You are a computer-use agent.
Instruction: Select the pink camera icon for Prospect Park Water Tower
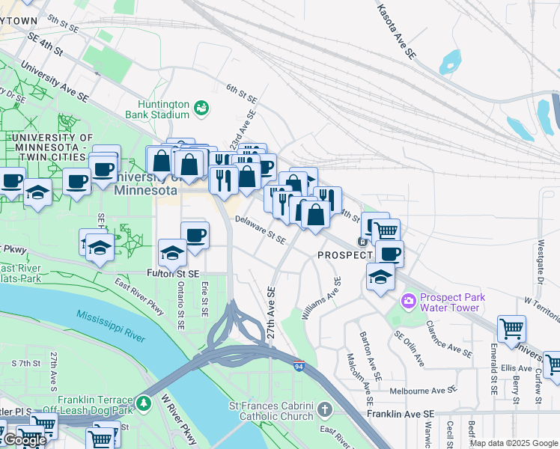(409, 301)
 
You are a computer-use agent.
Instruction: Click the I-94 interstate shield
(299, 366)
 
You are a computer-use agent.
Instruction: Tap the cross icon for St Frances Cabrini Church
(324, 409)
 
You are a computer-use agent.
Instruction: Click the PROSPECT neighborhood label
(345, 255)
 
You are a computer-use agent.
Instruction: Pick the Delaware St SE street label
(260, 230)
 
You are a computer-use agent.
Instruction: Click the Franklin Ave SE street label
(401, 414)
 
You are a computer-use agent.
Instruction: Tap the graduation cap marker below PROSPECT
(380, 277)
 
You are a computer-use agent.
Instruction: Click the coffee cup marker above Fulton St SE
(195, 235)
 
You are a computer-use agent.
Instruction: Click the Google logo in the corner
(24, 440)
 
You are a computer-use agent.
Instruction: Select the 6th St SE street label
(243, 94)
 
